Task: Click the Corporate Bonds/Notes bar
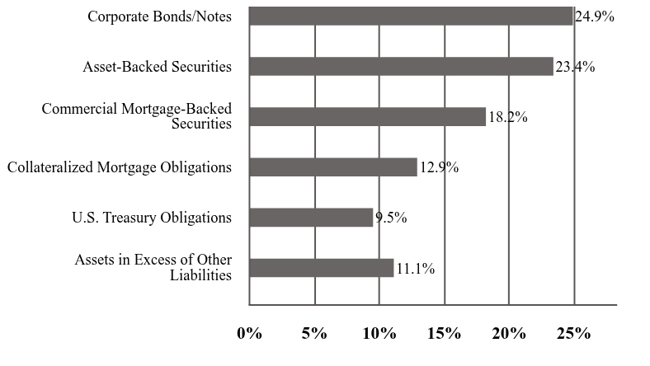[x=411, y=16]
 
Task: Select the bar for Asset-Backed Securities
[x=401, y=67]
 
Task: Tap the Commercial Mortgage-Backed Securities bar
[x=367, y=117]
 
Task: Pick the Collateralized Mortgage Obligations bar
[x=332, y=167]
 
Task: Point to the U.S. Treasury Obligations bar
[x=311, y=218]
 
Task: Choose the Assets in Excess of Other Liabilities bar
[x=321, y=268]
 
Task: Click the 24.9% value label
[x=594, y=16]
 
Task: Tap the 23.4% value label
[x=575, y=67]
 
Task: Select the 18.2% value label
[x=507, y=117]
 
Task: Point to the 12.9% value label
[x=439, y=167]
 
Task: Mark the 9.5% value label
[x=391, y=218]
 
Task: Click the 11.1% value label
[x=415, y=268]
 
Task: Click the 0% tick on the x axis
[x=249, y=334]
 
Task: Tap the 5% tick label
[x=314, y=334]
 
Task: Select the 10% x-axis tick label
[x=379, y=334]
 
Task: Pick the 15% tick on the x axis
[x=444, y=334]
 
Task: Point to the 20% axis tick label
[x=509, y=334]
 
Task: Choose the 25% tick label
[x=574, y=334]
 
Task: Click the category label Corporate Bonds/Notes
[x=159, y=17]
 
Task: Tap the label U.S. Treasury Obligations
[x=152, y=218]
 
